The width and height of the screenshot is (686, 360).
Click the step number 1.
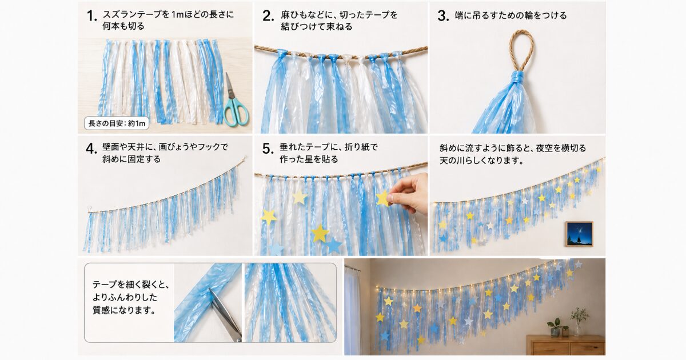(x=92, y=16)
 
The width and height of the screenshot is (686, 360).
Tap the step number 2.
(x=268, y=16)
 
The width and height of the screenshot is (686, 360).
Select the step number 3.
(x=443, y=16)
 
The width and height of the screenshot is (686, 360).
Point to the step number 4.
(x=91, y=149)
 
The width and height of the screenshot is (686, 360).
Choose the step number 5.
(x=268, y=149)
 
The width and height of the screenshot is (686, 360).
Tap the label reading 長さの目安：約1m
(x=117, y=123)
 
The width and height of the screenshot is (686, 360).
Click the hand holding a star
(x=409, y=194)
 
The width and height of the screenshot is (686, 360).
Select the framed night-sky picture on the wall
(x=579, y=234)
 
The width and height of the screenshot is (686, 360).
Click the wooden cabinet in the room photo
(x=565, y=345)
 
